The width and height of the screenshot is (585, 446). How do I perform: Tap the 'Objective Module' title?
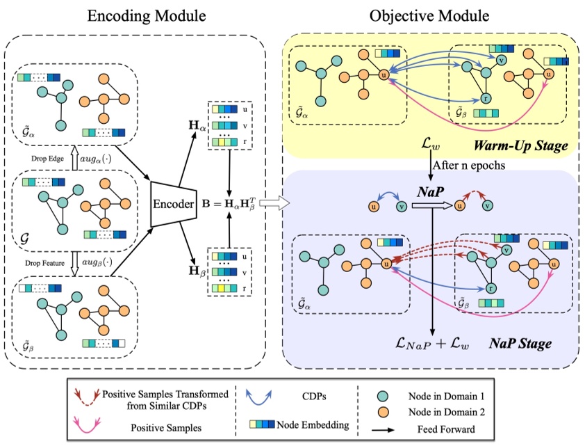(x=428, y=16)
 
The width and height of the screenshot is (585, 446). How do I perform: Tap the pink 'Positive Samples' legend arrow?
(x=85, y=424)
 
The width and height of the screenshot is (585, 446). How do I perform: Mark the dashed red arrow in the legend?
(x=85, y=396)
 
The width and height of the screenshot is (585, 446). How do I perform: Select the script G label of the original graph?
(x=26, y=237)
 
